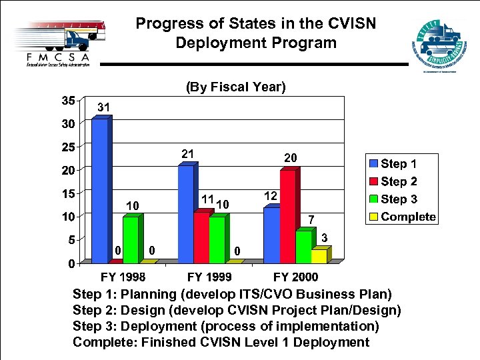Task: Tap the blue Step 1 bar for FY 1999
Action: point(186,213)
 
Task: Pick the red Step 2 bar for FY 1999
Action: point(201,237)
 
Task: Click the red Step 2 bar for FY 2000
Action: point(287,216)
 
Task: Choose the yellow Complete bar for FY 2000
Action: point(319,256)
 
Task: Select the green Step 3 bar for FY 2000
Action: point(303,246)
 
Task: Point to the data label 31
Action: point(103,107)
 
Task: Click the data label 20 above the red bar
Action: point(291,157)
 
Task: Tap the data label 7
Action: point(310,220)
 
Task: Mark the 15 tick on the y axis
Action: point(67,194)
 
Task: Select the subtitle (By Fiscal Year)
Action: point(236,87)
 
